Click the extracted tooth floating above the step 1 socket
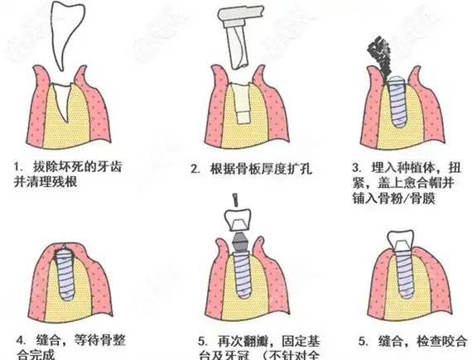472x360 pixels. click(x=69, y=37)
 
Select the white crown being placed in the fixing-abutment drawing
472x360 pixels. click(x=236, y=220)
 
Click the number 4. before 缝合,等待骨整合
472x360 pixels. click(x=21, y=339)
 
